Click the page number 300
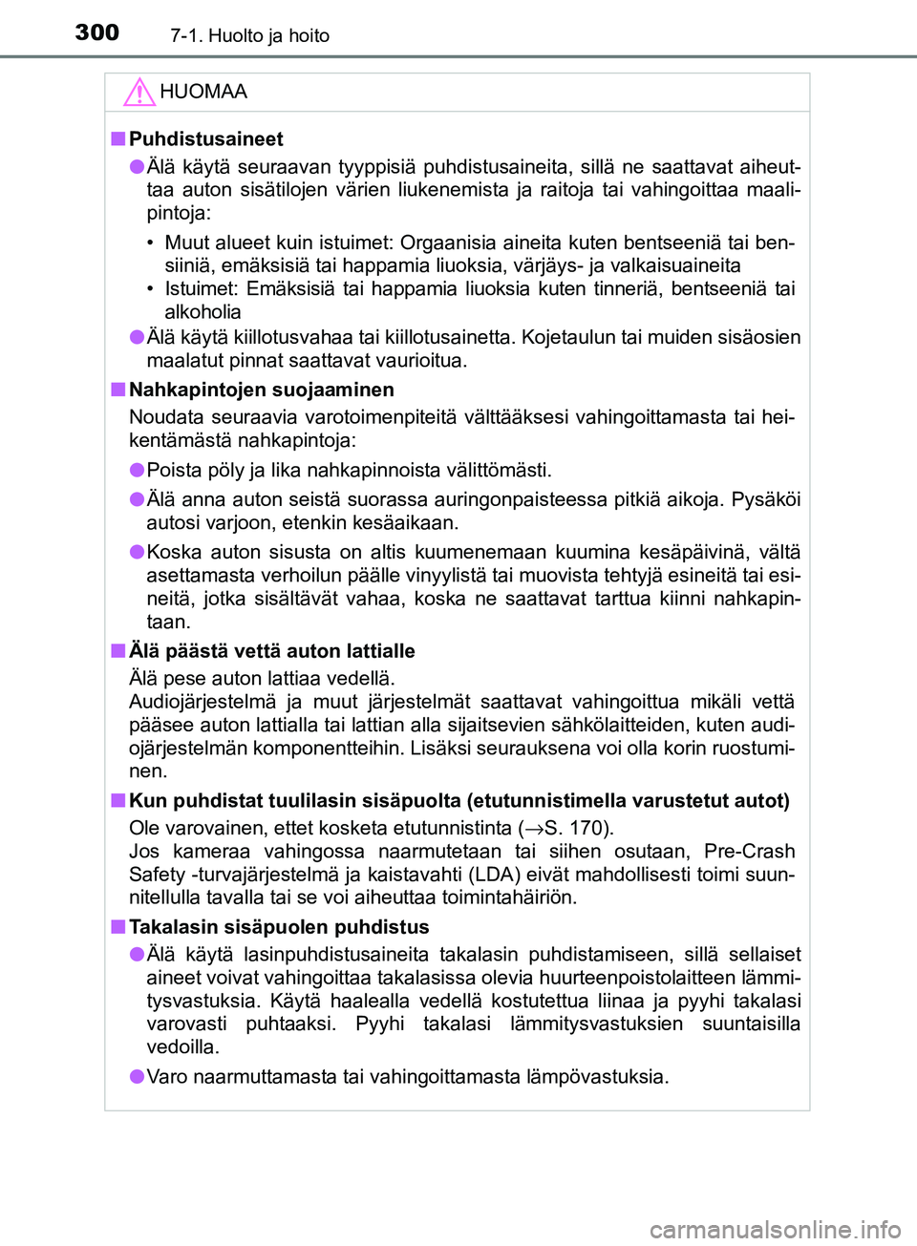point(97,32)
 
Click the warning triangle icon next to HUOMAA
point(139,92)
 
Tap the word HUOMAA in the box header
point(203,92)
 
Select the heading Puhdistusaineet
point(205,139)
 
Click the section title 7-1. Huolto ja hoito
point(249,36)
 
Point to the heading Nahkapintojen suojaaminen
point(261,390)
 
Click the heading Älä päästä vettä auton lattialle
point(271,651)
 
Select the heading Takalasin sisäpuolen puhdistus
point(279,927)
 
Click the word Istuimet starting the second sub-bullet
point(201,288)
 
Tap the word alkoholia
point(203,312)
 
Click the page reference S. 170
point(576,828)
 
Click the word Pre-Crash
point(749,851)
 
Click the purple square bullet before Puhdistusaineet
point(117,139)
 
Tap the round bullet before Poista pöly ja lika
point(137,470)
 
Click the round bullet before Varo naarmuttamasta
point(137,1077)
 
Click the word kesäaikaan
point(408,523)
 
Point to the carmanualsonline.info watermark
point(775,1229)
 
